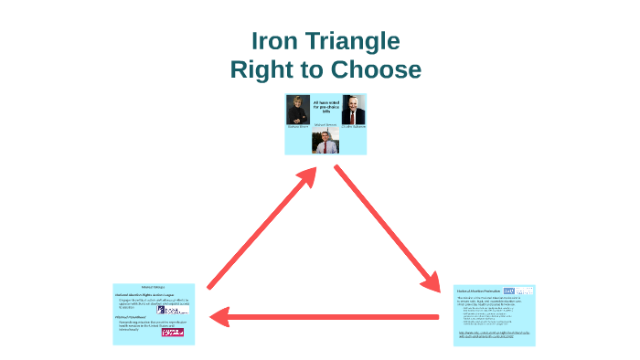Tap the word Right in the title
click(x=262, y=69)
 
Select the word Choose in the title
click(x=375, y=69)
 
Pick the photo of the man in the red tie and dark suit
click(x=352, y=110)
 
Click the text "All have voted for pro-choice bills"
click(x=325, y=105)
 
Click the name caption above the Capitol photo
click(x=325, y=124)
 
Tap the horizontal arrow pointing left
click(x=325, y=317)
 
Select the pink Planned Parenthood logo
click(x=173, y=332)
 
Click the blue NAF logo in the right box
click(x=522, y=291)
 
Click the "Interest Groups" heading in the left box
click(x=153, y=288)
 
